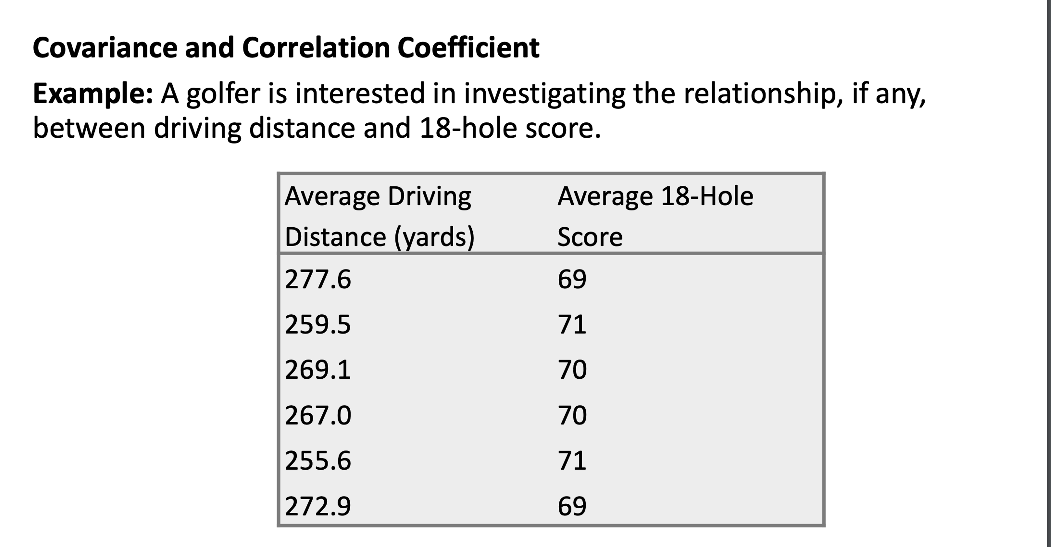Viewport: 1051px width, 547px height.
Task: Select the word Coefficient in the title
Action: click(468, 48)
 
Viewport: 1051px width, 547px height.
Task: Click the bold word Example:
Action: click(93, 94)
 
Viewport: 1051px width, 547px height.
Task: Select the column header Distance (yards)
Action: click(379, 237)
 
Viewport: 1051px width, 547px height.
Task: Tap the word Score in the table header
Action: click(590, 237)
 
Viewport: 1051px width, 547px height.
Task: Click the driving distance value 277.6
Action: click(318, 280)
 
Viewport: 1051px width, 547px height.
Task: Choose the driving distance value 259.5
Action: click(318, 325)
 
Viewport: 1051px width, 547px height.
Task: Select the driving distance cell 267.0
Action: click(318, 416)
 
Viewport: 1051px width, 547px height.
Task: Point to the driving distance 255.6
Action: click(318, 461)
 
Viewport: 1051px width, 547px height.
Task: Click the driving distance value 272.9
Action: click(318, 506)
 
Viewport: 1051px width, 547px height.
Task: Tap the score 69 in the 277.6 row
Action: click(572, 280)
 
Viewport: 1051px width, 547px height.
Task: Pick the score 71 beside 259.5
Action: click(572, 325)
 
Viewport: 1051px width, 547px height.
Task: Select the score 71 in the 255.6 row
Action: click(572, 461)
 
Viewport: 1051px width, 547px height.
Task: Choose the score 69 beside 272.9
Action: click(572, 506)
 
